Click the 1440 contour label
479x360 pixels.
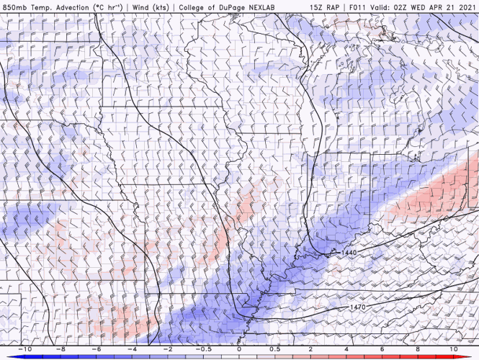[x=348, y=253]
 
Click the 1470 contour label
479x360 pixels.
[x=357, y=307]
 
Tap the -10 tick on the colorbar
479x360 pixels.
[x=27, y=348]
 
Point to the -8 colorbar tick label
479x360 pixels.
[x=62, y=348]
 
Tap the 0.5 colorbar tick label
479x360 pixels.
[x=275, y=348]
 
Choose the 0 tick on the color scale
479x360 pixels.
[x=240, y=348]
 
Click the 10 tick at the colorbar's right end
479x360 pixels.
[x=452, y=348]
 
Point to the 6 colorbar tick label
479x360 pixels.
[x=382, y=348]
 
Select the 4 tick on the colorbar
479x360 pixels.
[x=346, y=348]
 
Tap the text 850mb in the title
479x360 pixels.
[x=16, y=6]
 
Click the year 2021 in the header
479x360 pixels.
[x=465, y=6]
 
